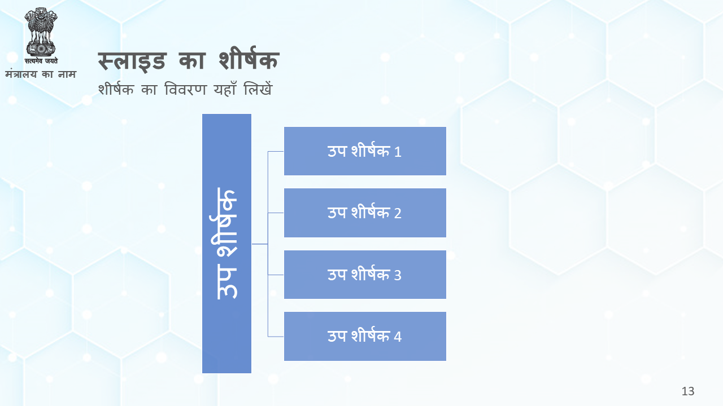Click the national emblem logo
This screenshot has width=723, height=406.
point(41,32)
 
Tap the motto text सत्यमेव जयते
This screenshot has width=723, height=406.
point(41,60)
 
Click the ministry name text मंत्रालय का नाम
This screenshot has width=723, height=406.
point(41,74)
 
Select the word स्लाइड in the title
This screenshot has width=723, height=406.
point(132,60)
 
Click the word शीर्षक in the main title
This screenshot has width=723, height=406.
point(249,58)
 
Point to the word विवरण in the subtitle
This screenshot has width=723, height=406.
point(185,89)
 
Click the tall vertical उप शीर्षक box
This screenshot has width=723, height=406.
point(227,244)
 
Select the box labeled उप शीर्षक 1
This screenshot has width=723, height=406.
point(365,151)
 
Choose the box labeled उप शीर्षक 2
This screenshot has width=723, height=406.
point(365,213)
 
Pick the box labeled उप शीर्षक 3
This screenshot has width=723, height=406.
point(365,275)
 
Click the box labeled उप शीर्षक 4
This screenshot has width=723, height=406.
point(365,336)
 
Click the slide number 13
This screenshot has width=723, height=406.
point(688,391)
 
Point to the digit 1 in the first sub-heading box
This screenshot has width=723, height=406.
point(398,152)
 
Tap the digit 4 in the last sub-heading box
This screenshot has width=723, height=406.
point(398,337)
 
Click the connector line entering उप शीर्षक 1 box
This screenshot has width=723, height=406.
point(276,151)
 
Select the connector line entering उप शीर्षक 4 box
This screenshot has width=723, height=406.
point(276,337)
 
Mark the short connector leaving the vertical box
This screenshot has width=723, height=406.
point(259,244)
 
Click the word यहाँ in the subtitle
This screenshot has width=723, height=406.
point(225,89)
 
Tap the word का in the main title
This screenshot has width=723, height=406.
point(192,60)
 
